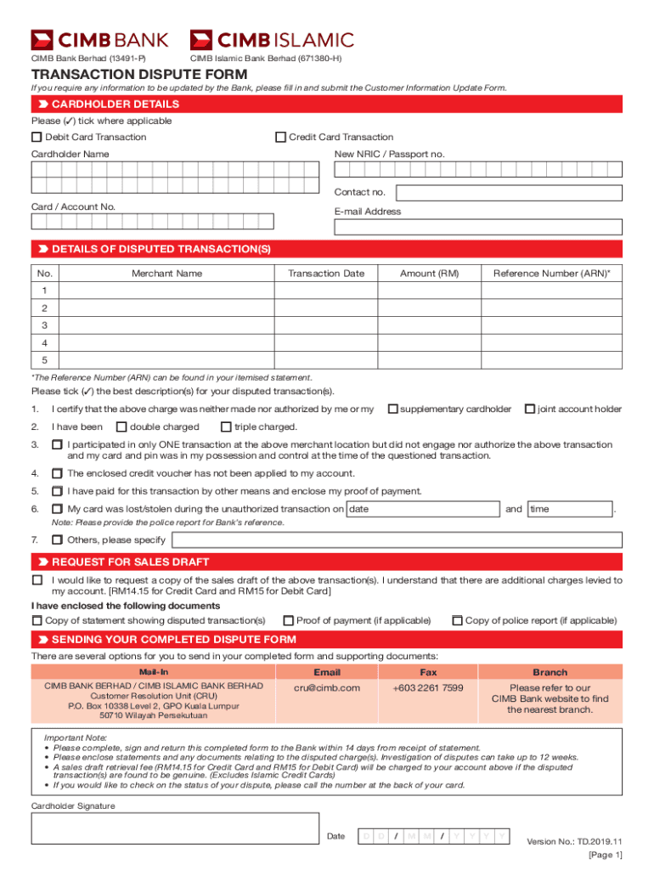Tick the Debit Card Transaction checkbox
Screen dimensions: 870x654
pos(37,137)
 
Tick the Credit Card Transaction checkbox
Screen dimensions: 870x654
pos(280,137)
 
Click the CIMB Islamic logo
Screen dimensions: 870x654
pos(272,39)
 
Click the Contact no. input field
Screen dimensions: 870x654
pos(509,193)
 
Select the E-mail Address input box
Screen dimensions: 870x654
pos(478,227)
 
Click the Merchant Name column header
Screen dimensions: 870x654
pos(166,274)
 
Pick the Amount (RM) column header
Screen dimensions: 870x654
pos(429,274)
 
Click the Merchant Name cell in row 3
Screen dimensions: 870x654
pos(166,325)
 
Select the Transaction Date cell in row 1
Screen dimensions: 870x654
pos(325,291)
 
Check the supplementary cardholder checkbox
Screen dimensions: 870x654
pos(392,410)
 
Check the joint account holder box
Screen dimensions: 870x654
pos(530,410)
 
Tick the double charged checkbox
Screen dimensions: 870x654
pos(121,427)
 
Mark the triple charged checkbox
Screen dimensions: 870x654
pos(226,427)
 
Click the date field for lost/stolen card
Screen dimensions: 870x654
pos(423,509)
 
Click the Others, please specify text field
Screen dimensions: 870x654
pos(396,540)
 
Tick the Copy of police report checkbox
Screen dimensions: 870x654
pos(457,620)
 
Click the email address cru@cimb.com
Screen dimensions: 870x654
pos(327,687)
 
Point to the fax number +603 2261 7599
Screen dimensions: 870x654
pos(428,687)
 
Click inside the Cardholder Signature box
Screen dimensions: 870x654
pos(174,839)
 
